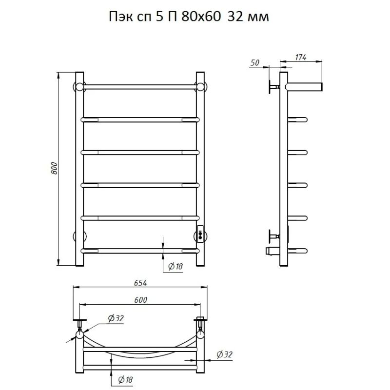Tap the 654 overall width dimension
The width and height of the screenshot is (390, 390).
(x=140, y=283)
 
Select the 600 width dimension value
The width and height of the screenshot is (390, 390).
(x=141, y=300)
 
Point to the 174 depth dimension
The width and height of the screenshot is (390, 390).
(x=301, y=57)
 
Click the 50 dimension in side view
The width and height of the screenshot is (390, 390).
(x=255, y=63)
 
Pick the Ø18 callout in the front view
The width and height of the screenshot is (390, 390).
(x=175, y=267)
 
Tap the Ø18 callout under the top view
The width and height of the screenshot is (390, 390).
(x=126, y=380)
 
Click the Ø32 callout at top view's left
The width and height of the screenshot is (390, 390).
(x=116, y=318)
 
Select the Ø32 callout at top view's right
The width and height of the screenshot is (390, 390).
(x=224, y=354)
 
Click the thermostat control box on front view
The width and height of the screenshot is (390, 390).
(x=200, y=234)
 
